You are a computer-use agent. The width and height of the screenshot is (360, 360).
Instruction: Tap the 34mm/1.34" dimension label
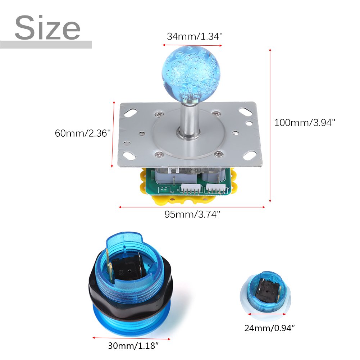(x=195, y=36)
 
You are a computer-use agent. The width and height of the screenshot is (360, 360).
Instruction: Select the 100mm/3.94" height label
(x=305, y=123)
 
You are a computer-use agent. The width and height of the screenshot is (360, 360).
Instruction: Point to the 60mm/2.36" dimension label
(x=83, y=133)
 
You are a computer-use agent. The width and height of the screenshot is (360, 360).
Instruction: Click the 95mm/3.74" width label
(x=192, y=214)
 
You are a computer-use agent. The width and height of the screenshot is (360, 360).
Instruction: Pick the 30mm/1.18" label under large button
(x=133, y=346)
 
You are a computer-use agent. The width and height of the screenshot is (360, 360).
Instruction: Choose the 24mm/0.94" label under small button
(x=269, y=328)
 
